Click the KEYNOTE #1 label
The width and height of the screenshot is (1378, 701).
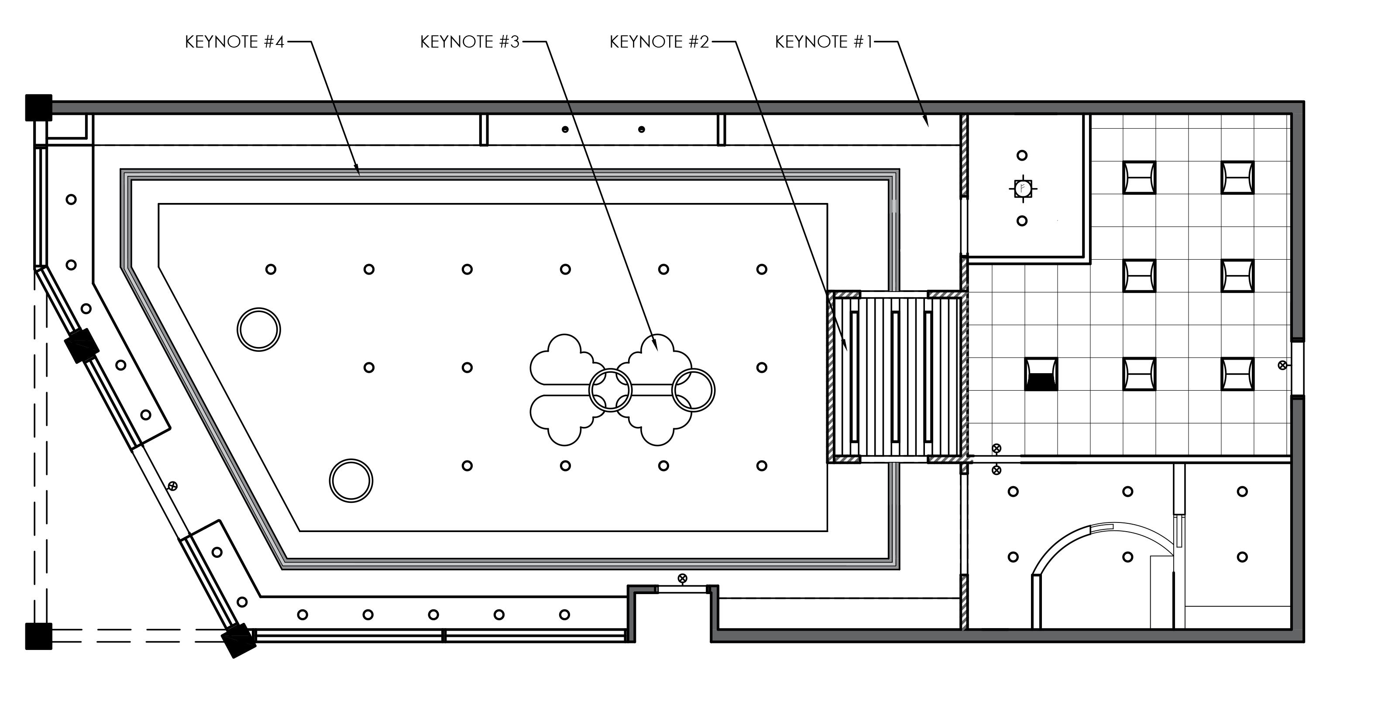(823, 42)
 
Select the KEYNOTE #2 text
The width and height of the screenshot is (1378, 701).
(659, 42)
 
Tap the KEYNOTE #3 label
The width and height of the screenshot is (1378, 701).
(470, 42)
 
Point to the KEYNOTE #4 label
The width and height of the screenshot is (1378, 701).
(234, 42)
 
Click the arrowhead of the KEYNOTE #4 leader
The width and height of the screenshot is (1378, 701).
(359, 173)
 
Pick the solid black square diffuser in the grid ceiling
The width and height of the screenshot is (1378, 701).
(1041, 374)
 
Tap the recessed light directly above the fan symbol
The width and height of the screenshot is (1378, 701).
(1022, 156)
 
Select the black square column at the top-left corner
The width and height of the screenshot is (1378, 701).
(38, 107)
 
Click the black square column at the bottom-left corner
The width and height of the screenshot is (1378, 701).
(38, 636)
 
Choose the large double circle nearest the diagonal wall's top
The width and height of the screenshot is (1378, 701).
(259, 330)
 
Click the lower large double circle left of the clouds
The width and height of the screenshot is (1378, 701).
(351, 481)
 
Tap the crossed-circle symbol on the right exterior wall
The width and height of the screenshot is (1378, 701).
(1282, 365)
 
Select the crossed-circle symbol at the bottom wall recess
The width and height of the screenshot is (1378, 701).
(682, 578)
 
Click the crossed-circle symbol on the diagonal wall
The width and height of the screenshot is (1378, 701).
(172, 486)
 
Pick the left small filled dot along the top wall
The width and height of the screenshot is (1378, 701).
(564, 130)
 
